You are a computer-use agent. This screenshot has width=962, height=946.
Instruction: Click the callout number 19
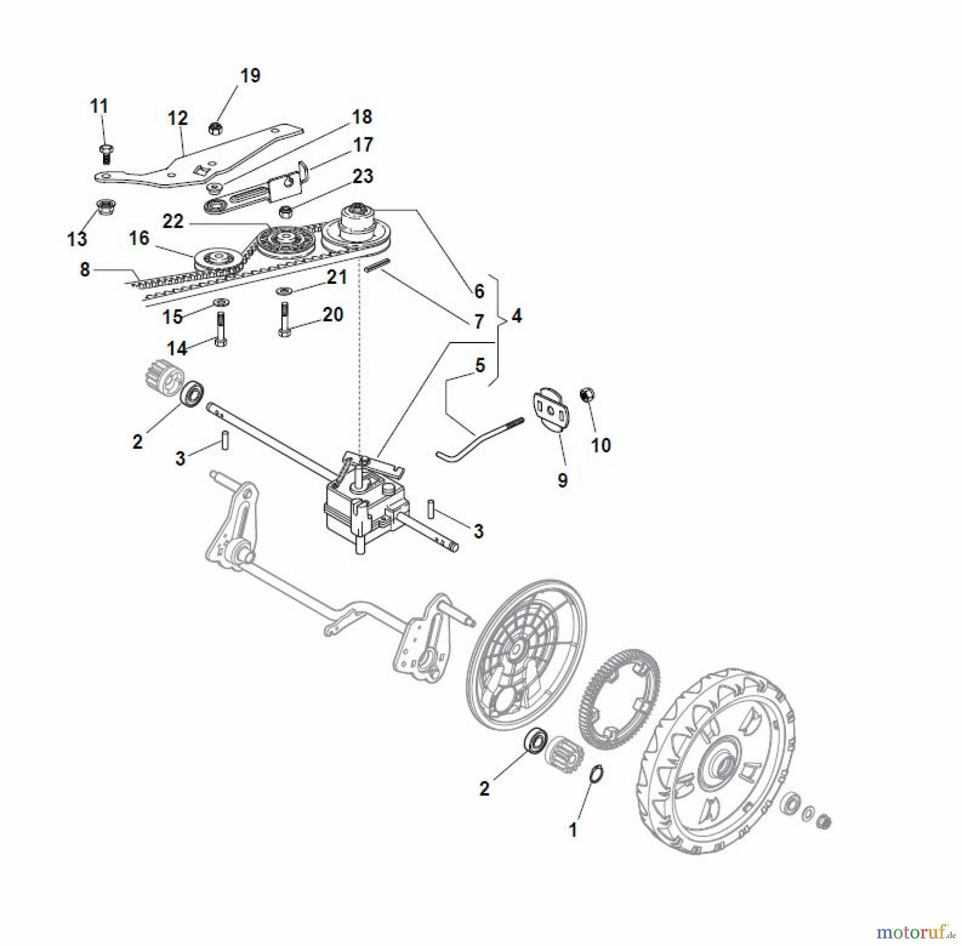pyautogui.click(x=250, y=75)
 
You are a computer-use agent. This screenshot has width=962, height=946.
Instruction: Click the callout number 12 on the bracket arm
pyautogui.click(x=178, y=118)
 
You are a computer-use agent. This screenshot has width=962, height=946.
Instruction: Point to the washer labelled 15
pyautogui.click(x=219, y=304)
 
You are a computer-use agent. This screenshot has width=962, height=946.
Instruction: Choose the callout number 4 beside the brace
pyautogui.click(x=516, y=316)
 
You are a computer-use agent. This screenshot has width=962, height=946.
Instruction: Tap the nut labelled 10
pyautogui.click(x=588, y=396)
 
